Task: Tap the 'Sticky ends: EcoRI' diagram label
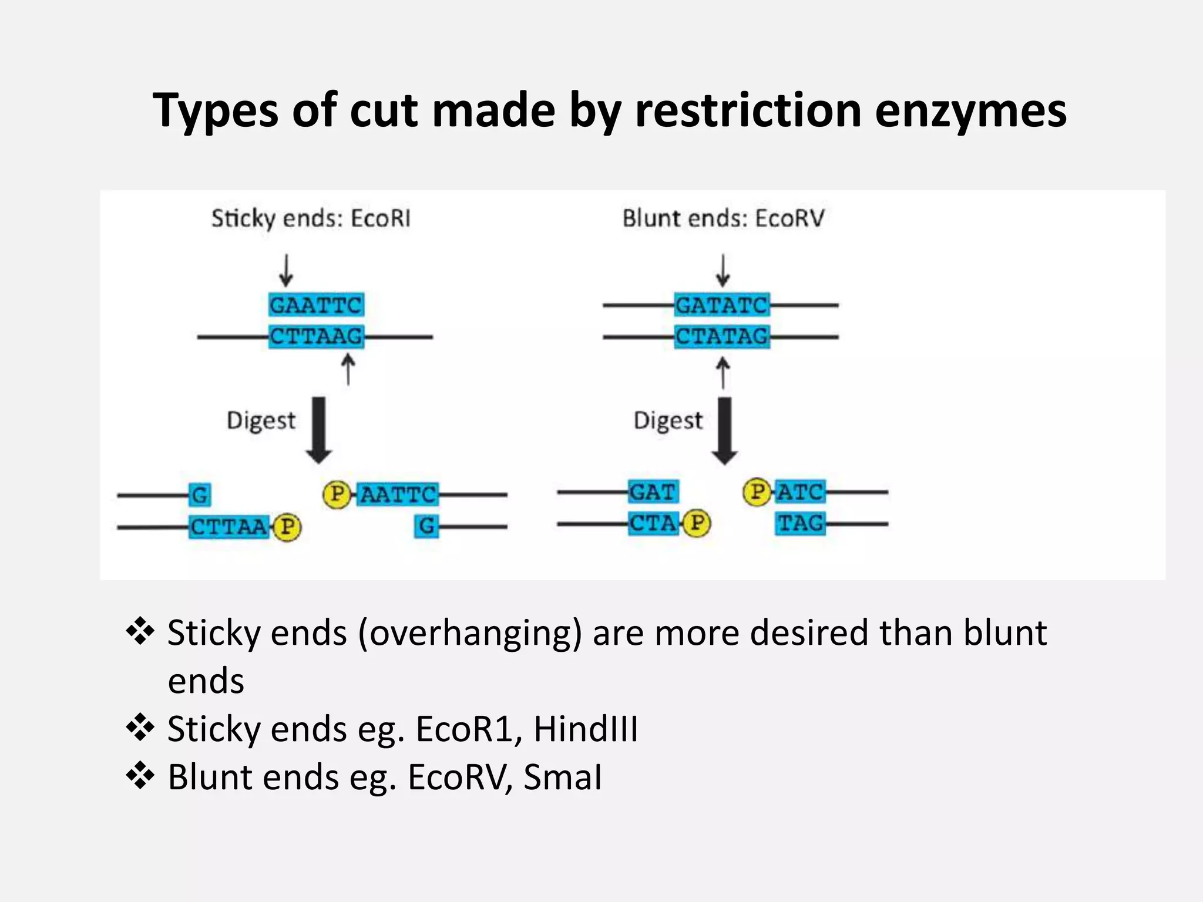click(x=311, y=218)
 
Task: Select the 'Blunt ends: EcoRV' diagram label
click(x=723, y=218)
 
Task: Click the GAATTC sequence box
click(x=316, y=305)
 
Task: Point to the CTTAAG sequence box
click(x=316, y=337)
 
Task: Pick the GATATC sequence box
click(x=721, y=305)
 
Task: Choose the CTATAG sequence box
click(x=721, y=337)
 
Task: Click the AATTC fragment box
click(x=398, y=494)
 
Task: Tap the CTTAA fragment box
click(x=229, y=527)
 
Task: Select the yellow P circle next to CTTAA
click(x=287, y=527)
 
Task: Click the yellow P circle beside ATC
click(x=757, y=492)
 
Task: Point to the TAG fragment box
click(x=800, y=523)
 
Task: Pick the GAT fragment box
click(x=653, y=492)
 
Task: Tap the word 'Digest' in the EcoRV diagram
click(x=668, y=420)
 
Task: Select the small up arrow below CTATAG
click(x=723, y=373)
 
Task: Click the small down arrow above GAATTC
click(x=286, y=270)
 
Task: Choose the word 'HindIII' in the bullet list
click(x=586, y=729)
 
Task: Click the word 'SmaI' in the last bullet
click(x=562, y=778)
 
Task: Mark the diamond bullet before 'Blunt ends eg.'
click(x=140, y=776)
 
